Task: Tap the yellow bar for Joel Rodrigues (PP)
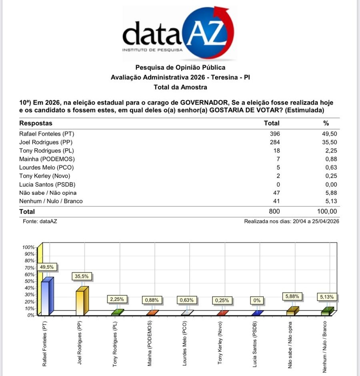80,302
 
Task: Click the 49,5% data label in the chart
47,267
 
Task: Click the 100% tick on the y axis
28,247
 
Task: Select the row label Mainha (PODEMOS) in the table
47,159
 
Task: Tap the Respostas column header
36,123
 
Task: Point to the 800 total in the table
274,211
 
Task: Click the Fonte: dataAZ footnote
40,221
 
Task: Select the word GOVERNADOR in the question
203,103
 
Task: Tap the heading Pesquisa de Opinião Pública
180,68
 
